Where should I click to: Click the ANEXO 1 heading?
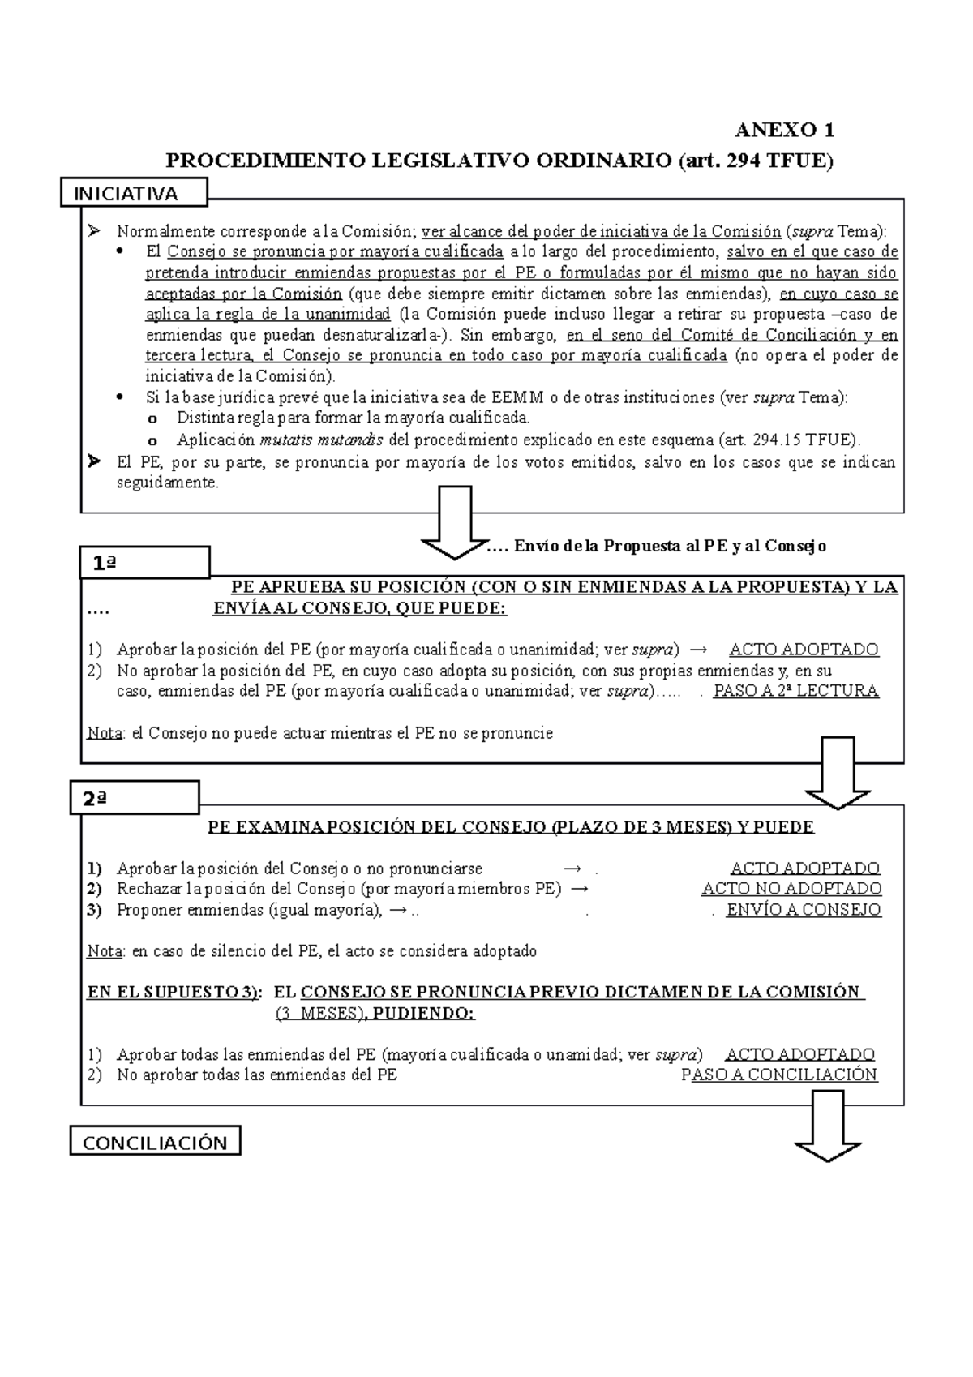784,131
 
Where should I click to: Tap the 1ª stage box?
144,563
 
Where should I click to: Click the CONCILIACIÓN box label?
155,1143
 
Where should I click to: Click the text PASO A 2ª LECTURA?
795,692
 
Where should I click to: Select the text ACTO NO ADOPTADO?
791,890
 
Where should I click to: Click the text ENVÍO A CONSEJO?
803,910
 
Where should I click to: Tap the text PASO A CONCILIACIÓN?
779,1075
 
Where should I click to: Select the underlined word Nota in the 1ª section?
105,734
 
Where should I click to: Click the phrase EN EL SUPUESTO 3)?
174,993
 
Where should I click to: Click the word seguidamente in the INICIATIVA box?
168,483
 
